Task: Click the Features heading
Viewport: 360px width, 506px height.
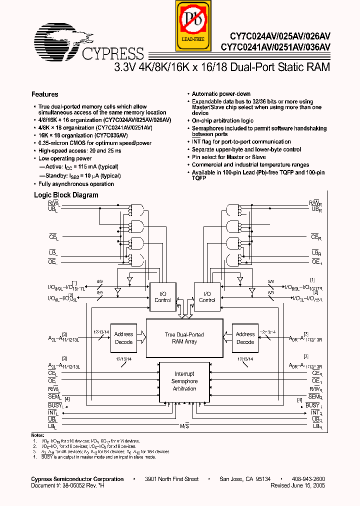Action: coord(44,94)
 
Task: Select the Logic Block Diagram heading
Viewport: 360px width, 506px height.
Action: coord(66,195)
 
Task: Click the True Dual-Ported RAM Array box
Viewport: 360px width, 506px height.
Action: coord(184,338)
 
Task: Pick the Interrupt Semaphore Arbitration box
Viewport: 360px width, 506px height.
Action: coord(184,381)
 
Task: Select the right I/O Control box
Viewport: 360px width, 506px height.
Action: coord(207,297)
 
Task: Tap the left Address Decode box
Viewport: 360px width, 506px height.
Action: coord(123,338)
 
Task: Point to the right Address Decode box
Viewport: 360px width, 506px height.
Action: coord(245,338)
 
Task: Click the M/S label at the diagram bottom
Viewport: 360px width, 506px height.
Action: coord(184,425)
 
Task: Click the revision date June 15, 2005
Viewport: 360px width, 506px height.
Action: coord(311,485)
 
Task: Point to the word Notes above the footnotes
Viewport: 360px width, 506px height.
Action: coord(38,436)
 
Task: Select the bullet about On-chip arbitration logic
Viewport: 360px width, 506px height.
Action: coord(222,120)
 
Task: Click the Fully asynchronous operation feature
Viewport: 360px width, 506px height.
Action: coord(76,184)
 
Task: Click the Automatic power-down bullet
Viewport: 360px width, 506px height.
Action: coord(221,94)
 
